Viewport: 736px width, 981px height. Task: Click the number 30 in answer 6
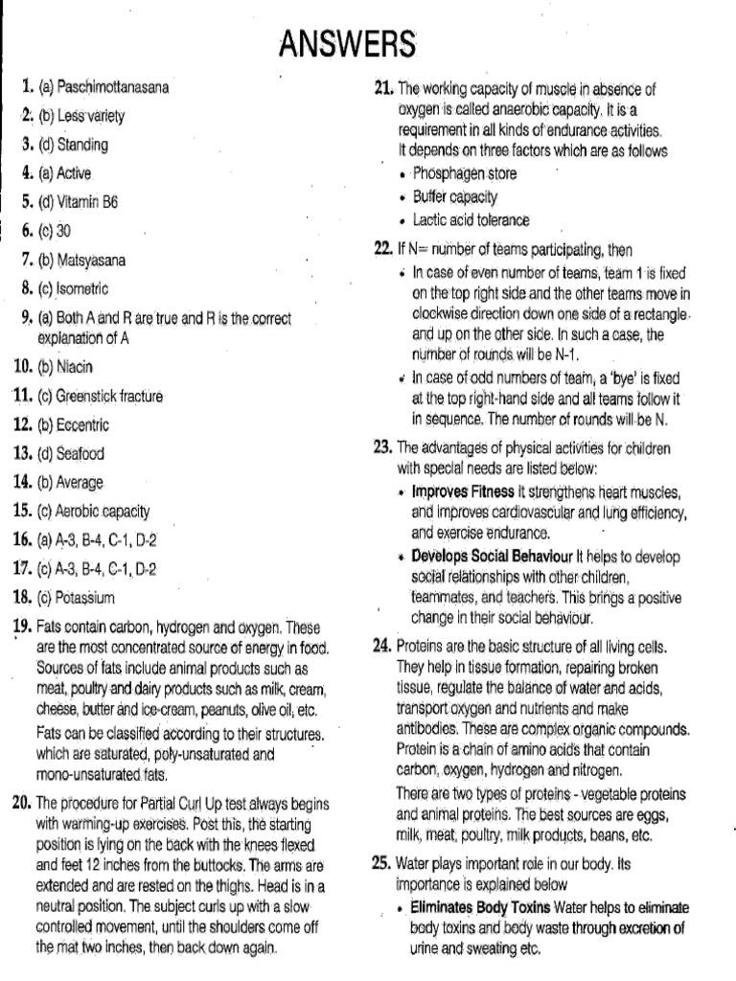[x=64, y=231]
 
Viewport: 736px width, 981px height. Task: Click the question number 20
[x=22, y=802]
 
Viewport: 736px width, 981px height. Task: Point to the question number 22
[x=383, y=250]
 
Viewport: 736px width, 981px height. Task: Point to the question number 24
[x=383, y=647]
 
